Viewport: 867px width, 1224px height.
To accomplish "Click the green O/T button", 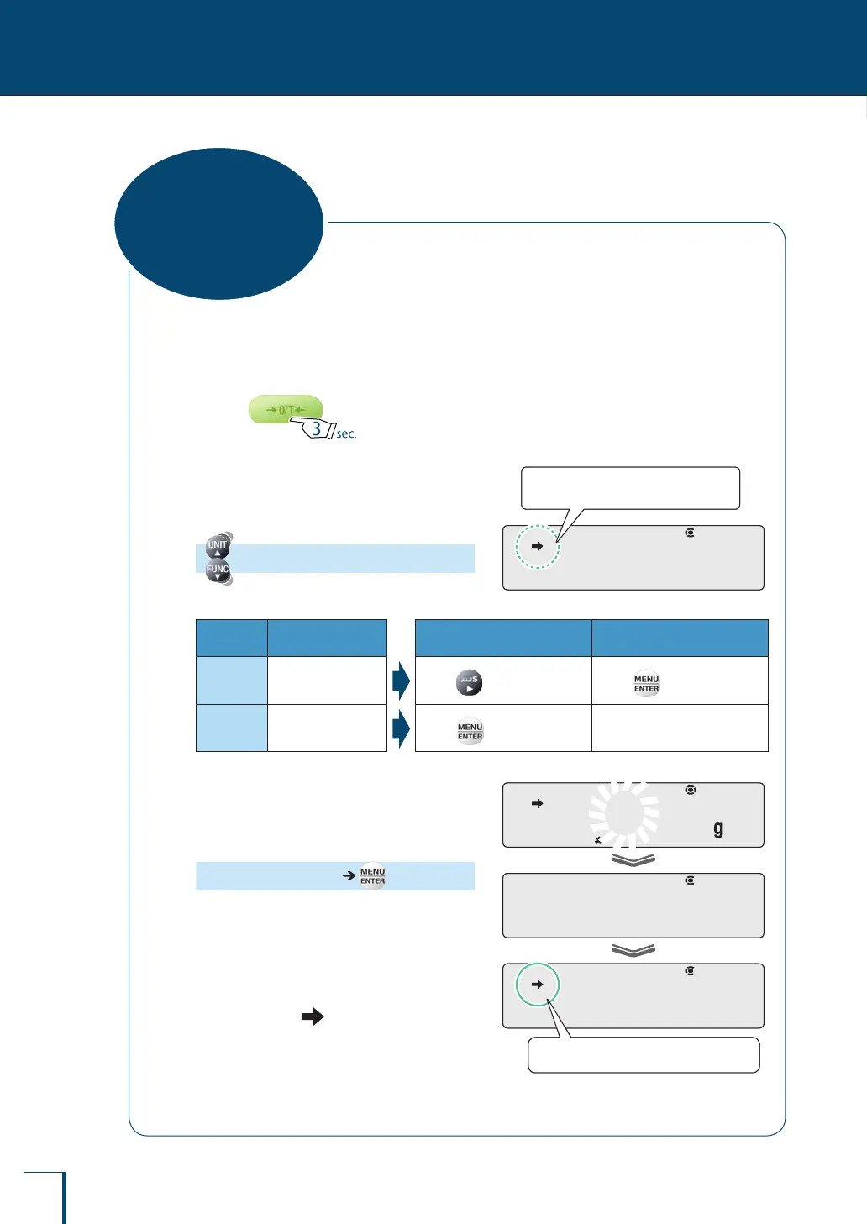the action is pos(284,409).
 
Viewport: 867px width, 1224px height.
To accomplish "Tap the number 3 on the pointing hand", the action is pos(317,428).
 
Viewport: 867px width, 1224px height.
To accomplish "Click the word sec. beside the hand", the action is pos(346,433).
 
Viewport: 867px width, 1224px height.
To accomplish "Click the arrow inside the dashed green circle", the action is pos(538,546).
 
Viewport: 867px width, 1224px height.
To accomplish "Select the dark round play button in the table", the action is pos(469,682).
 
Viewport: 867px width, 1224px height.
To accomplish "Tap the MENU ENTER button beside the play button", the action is pos(646,684).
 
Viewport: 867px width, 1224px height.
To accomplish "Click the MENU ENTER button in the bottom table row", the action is pos(470,732).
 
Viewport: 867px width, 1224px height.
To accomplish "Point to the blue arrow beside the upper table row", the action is pos(401,680).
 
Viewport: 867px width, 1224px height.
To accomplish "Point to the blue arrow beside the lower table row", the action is pos(401,728).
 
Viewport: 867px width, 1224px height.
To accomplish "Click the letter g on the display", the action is pos(718,829).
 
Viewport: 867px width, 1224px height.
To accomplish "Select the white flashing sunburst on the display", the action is pos(624,813).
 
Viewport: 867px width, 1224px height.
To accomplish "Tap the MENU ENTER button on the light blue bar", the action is pos(372,876).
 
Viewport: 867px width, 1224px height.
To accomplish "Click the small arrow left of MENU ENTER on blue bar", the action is pos(349,875).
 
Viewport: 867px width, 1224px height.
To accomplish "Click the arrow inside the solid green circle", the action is pos(538,985).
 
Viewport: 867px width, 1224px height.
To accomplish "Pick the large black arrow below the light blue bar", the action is pos(313,1016).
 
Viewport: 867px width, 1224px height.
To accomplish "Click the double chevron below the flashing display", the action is pos(633,859).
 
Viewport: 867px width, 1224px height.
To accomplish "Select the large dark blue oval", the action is pos(218,223).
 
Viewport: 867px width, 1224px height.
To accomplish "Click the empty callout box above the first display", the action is pos(630,488).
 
